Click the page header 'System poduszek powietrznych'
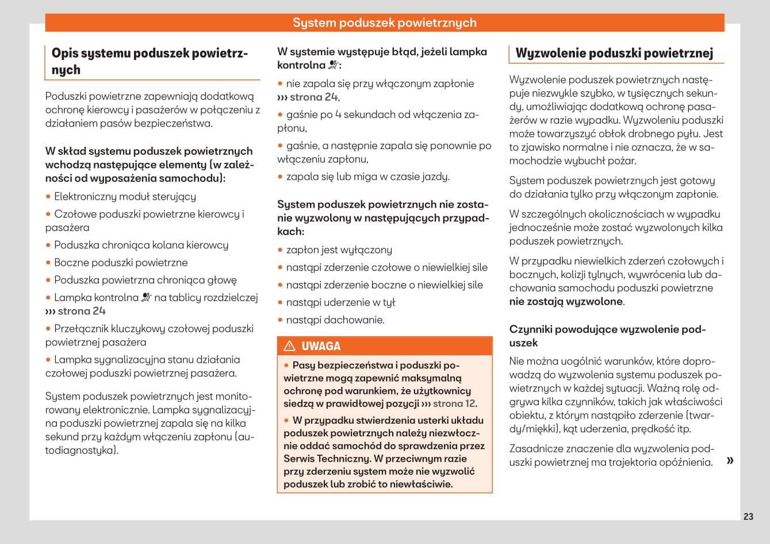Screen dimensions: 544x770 coord(385,22)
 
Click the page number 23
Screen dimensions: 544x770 coord(748,516)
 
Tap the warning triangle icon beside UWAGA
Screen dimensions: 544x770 coord(290,346)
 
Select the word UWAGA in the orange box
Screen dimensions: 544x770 coord(321,346)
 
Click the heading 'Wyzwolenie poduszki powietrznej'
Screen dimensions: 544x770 coord(614,54)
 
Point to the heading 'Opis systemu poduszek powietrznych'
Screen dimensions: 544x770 coord(150,62)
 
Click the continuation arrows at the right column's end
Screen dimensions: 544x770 coord(730,461)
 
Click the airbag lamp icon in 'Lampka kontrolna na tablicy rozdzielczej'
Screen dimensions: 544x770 coord(146,298)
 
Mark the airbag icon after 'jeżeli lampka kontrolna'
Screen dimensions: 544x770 coord(334,65)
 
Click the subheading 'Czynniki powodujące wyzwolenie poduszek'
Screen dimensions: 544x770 coord(607,336)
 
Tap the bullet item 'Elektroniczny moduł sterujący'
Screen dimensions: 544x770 coord(125,197)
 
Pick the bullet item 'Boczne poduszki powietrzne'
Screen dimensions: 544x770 coord(121,263)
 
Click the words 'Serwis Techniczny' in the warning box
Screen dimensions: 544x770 coord(327,459)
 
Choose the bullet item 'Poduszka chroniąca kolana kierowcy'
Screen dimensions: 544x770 coord(141,245)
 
